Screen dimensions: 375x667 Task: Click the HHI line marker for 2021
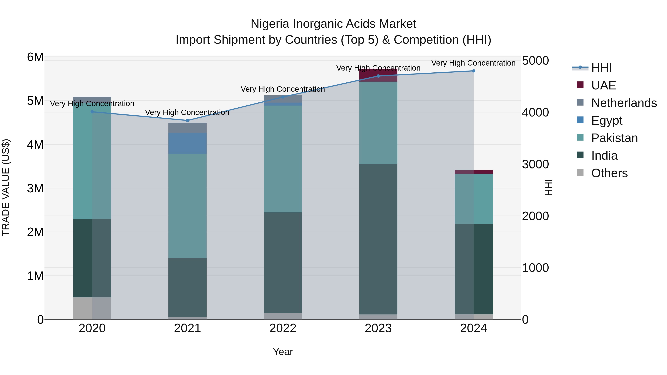[x=188, y=120]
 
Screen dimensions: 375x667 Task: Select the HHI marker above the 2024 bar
[x=473, y=71]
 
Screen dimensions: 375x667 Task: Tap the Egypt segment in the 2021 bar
[x=188, y=143]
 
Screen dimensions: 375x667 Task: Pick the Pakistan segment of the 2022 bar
[x=283, y=159]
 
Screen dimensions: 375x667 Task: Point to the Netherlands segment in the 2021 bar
[x=188, y=128]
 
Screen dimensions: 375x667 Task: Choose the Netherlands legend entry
[x=624, y=103]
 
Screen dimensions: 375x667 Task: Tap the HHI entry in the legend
[x=601, y=68]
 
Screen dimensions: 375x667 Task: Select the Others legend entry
[x=609, y=173]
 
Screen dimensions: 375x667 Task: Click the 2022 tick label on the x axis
[x=283, y=328]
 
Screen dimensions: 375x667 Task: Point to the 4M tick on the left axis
[x=35, y=144]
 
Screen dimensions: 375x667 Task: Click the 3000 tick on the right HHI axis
[x=535, y=164]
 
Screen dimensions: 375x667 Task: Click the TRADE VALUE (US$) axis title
[x=6, y=187]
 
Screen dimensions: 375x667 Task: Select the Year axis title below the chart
[x=283, y=352]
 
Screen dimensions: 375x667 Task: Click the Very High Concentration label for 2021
[x=187, y=112]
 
